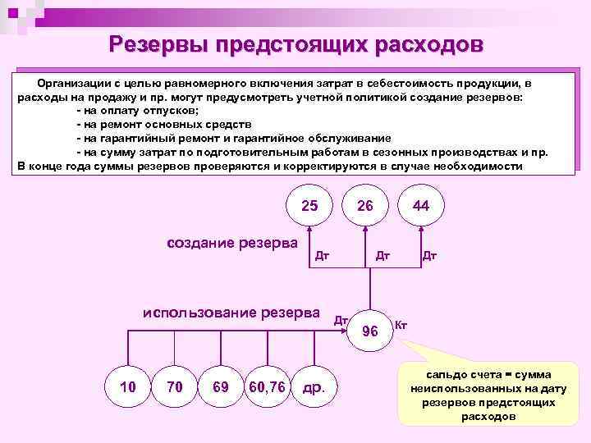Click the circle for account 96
(370, 331)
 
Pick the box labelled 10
(128, 386)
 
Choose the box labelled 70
(174, 386)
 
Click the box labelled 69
(220, 386)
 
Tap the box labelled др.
(314, 386)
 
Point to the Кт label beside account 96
(401, 325)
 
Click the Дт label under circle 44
(429, 255)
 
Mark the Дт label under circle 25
(323, 255)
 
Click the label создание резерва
(232, 243)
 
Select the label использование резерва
(231, 313)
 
